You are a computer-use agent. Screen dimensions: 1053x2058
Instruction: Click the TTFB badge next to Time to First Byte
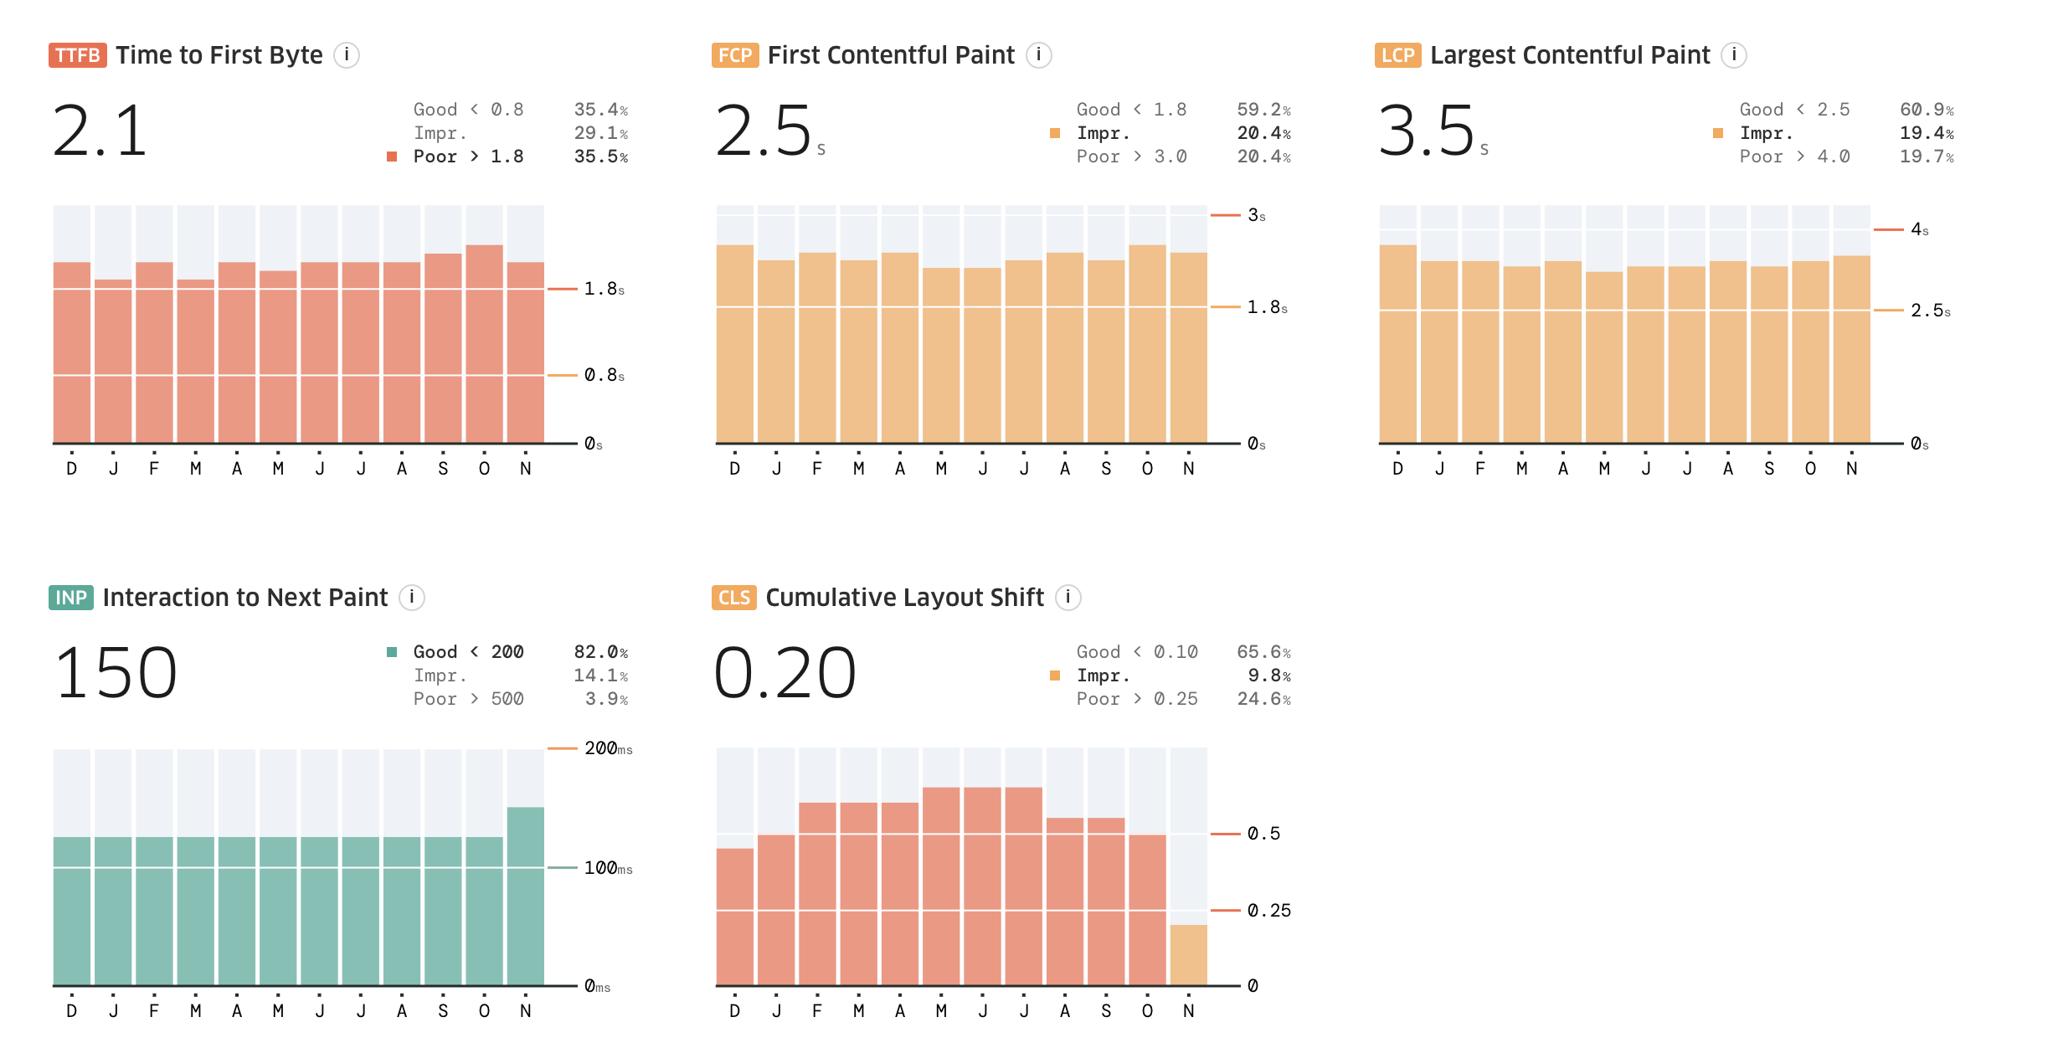coord(77,55)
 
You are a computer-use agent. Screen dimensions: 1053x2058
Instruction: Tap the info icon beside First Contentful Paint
coord(1038,55)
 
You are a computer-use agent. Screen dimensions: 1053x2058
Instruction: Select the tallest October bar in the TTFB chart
coord(484,343)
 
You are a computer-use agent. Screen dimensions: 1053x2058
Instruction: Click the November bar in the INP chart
coord(526,896)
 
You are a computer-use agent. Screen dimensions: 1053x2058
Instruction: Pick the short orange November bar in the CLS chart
coord(1188,955)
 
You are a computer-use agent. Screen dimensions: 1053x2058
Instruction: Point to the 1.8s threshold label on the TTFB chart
coord(604,289)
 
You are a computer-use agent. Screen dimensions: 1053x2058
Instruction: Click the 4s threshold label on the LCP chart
coord(1919,229)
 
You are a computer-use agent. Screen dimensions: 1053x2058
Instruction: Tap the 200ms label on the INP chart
coord(608,748)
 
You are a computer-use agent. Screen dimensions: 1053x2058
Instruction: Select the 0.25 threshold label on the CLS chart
coord(1268,910)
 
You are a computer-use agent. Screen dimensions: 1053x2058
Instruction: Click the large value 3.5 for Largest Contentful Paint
coord(1426,131)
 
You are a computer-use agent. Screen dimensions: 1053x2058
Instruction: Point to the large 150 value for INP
coord(116,674)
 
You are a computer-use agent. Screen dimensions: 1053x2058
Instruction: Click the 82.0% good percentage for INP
coord(600,652)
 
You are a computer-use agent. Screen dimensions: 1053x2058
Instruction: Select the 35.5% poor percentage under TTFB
coord(600,157)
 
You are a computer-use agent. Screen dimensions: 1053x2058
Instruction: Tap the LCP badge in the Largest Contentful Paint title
coord(1397,55)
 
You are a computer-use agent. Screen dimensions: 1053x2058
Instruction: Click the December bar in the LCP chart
coord(1397,343)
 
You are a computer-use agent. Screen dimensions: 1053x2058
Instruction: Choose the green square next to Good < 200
coord(392,652)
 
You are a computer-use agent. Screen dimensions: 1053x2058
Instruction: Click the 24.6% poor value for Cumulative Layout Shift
coord(1263,699)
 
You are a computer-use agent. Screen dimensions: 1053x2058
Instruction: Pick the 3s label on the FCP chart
coord(1256,215)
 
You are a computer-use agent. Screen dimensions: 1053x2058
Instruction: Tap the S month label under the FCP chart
coord(1106,469)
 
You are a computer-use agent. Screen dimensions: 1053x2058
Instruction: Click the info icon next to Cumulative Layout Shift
coord(1068,598)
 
